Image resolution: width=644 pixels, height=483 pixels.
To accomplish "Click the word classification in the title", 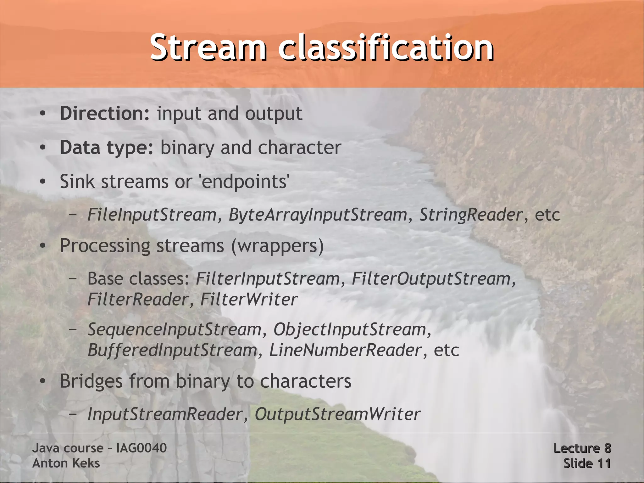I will (386, 48).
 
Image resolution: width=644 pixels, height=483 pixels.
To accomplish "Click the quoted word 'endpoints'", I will (245, 182).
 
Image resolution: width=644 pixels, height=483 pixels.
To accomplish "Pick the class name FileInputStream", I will (152, 215).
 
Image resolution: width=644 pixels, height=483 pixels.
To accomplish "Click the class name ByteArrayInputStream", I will (318, 215).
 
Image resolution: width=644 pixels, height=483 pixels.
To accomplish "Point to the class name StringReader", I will (471, 215).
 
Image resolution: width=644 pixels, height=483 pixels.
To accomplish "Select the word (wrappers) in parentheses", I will (277, 246).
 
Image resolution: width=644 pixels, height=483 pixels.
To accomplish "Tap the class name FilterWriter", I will (248, 299).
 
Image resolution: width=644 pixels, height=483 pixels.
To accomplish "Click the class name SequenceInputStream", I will (174, 329).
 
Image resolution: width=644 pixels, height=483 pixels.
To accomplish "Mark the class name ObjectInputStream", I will (350, 329).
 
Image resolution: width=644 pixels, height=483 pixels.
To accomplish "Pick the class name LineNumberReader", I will (345, 350).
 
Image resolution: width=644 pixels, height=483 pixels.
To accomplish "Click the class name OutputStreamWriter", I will (337, 414).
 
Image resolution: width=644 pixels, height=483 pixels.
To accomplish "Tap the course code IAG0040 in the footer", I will (141, 448).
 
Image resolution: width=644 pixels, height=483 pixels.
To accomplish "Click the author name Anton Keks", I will (66, 463).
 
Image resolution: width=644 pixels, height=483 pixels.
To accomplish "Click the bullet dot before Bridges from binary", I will (43, 382).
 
